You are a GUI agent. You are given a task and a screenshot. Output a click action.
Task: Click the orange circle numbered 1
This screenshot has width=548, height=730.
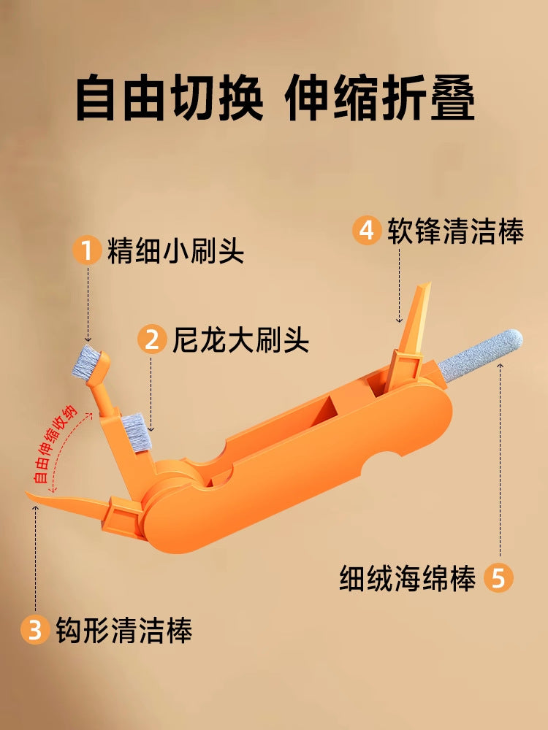pos(87,250)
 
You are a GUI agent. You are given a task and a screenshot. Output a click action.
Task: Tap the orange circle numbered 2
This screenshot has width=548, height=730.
pos(152,339)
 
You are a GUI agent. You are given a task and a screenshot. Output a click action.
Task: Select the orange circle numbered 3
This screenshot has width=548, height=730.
pos(35,629)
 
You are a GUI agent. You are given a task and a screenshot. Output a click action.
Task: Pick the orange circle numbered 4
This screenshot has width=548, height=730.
pos(367,230)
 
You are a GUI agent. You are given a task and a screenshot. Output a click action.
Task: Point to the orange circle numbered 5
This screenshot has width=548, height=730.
pos(498,577)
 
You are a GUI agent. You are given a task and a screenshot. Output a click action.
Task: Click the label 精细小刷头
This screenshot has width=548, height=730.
pos(175,251)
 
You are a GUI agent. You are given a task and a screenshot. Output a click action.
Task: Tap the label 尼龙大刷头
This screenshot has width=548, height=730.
pos(240,340)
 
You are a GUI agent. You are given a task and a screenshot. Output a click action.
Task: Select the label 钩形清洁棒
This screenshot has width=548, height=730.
pos(124,630)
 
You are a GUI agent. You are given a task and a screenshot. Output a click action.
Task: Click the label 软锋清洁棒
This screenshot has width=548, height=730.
pos(456,231)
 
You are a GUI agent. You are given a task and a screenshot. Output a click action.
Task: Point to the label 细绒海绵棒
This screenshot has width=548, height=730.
pos(407,578)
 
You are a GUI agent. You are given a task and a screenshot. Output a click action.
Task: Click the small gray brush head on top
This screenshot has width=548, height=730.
pos(87,361)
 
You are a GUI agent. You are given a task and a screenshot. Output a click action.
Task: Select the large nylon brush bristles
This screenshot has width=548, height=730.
pos(136,432)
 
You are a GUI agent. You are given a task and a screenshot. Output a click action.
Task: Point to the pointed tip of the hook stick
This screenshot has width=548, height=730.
pos(27,493)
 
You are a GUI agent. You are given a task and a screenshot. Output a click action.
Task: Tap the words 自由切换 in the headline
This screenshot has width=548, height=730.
pos(170,99)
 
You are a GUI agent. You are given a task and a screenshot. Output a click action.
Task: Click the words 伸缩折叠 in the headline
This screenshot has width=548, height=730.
pos(379,99)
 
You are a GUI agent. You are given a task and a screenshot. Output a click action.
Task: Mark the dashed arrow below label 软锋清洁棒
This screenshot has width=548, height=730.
pos(400,285)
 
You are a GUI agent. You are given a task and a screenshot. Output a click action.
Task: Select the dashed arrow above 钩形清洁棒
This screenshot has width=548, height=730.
pos(35,558)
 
